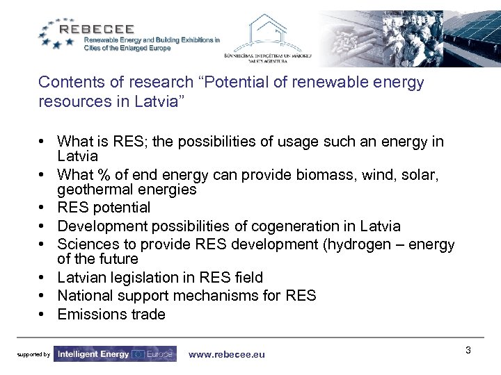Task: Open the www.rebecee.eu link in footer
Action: click(x=227, y=354)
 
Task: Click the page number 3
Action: click(x=468, y=350)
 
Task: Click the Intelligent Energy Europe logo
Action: click(x=115, y=354)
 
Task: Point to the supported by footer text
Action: click(x=33, y=355)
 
